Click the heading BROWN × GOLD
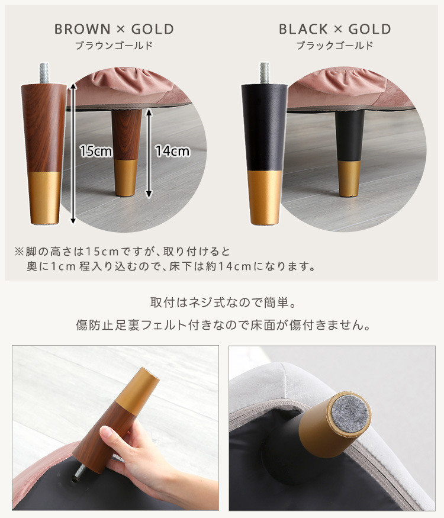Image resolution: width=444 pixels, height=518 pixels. [114, 29]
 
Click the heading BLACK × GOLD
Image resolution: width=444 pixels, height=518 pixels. [335, 29]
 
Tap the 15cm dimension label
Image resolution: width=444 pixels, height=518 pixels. [96, 151]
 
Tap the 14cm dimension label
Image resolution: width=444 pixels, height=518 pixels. [172, 151]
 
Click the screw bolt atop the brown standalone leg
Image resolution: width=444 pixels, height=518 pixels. [44, 73]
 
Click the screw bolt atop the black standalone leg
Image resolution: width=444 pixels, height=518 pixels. [264, 73]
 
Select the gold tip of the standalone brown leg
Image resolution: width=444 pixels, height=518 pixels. [44, 198]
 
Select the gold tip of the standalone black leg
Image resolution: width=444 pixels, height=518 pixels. [264, 198]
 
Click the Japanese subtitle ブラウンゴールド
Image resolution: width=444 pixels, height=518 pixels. [114, 46]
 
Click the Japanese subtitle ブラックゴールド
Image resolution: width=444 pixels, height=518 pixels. [334, 46]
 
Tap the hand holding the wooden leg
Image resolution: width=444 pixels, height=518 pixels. [139, 462]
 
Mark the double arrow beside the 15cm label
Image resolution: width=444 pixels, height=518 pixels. [73, 153]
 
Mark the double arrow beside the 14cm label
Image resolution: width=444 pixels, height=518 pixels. [149, 153]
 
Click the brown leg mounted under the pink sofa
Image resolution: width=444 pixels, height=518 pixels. [126, 153]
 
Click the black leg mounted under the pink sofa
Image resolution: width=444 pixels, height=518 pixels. [349, 153]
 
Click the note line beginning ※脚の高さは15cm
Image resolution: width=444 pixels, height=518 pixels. [122, 252]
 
